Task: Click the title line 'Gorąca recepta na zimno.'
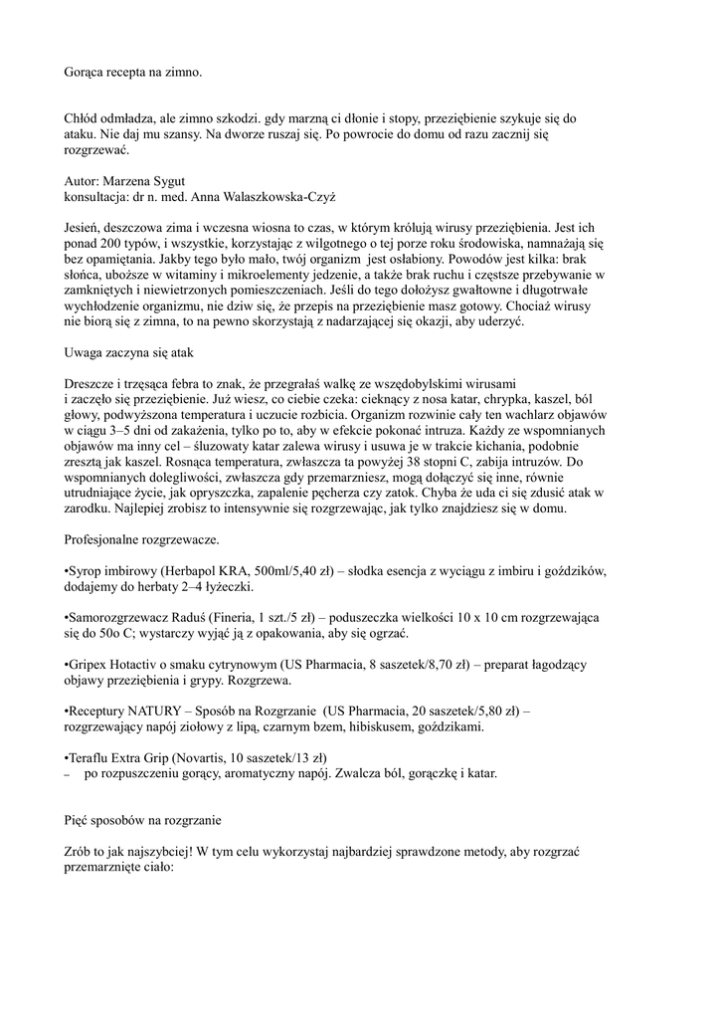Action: tap(132, 73)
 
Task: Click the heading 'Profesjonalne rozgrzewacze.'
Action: tap(141, 540)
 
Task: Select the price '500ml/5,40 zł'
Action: tap(289, 573)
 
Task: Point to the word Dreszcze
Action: tap(92, 383)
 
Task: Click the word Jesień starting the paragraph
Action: tap(84, 226)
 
